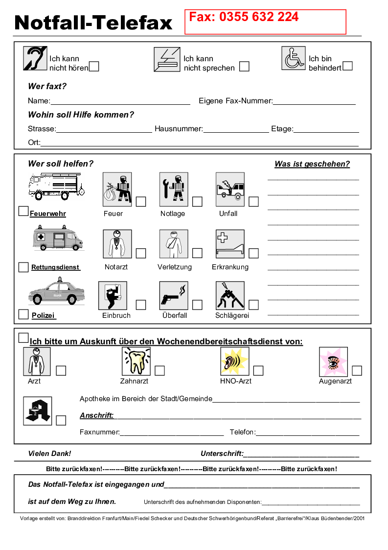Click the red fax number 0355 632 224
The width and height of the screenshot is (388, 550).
[244, 18]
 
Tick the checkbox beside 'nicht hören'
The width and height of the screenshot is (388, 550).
[94, 66]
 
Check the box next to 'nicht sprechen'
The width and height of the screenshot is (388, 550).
[244, 66]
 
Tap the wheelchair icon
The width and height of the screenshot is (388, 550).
[294, 58]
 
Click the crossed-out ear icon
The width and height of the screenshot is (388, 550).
[35, 59]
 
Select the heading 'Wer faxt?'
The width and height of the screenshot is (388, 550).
[47, 87]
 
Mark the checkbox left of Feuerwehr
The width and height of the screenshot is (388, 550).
[23, 211]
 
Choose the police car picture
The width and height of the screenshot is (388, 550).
[56, 292]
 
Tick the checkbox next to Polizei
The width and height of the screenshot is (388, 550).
[23, 314]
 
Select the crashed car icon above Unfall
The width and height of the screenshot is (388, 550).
[230, 189]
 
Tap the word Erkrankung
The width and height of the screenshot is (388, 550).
[230, 267]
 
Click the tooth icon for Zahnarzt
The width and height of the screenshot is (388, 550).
[136, 361]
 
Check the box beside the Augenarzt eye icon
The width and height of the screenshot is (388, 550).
[357, 370]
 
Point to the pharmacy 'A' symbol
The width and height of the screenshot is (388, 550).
[37, 410]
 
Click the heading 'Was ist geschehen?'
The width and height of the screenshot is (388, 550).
[312, 164]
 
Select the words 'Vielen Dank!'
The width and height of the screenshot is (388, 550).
[49, 454]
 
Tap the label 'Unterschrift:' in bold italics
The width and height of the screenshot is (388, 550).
[222, 454]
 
